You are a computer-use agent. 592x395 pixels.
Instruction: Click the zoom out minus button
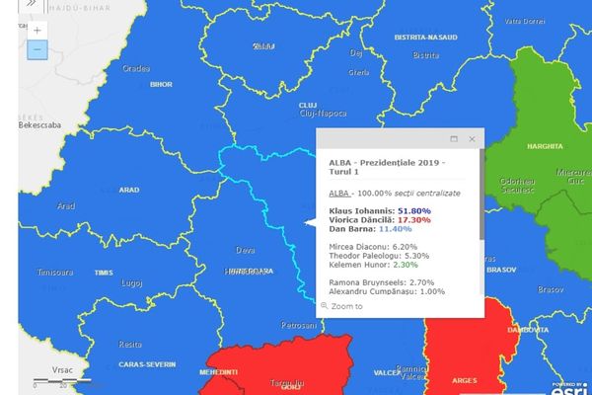coord(37,48)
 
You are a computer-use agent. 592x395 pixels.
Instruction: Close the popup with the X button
coord(473,139)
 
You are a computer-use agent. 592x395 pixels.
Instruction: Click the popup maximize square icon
coord(454,139)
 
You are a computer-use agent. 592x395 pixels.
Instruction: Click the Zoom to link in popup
coord(346,306)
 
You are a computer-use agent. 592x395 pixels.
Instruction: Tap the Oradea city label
coord(136,69)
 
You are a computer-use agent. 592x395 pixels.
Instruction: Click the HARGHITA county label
coord(547,146)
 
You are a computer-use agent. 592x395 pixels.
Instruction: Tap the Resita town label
coord(130,345)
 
